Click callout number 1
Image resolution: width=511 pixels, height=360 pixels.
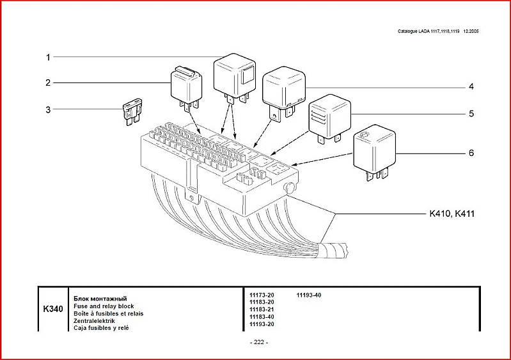(x=47, y=57)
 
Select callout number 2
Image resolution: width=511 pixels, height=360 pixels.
(x=47, y=82)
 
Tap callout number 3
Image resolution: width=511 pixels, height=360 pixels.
(x=47, y=109)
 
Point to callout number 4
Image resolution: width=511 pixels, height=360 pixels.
(x=471, y=86)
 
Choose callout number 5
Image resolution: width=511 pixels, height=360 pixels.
(x=471, y=114)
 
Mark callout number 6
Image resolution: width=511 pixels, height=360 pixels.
(x=471, y=153)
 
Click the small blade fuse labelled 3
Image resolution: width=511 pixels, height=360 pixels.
(x=132, y=109)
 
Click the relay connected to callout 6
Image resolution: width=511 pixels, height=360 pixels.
(x=375, y=148)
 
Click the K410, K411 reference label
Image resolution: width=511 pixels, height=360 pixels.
(x=452, y=214)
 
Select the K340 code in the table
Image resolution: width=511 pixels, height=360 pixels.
(x=53, y=309)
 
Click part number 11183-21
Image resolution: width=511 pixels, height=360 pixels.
(x=261, y=309)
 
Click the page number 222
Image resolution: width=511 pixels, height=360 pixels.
(x=258, y=342)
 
